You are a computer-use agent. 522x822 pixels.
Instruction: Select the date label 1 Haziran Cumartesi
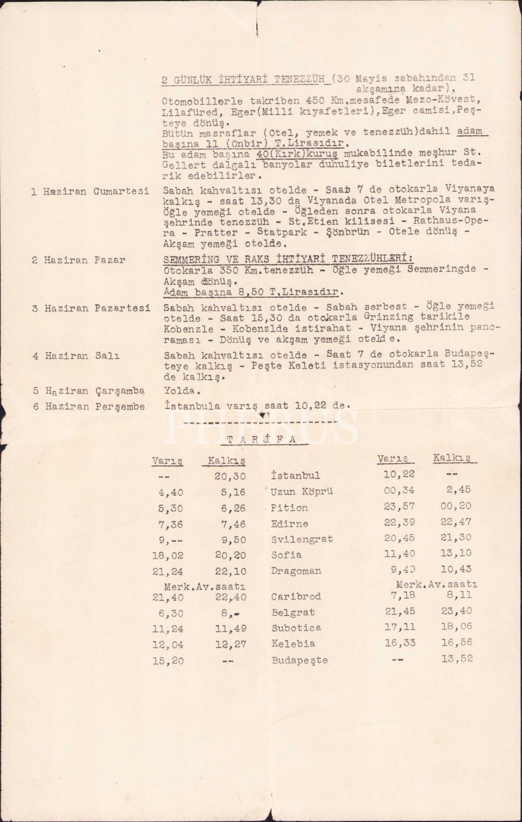90,191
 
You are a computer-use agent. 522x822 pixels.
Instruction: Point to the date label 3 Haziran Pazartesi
90,308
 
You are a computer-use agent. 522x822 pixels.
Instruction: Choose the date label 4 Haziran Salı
76,356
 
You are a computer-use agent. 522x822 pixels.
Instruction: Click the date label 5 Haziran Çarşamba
88,391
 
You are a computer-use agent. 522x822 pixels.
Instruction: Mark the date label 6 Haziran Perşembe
88,407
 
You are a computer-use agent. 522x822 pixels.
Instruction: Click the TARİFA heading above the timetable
261,438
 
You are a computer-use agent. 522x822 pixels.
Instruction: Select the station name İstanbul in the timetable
295,476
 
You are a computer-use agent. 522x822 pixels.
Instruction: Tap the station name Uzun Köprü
302,492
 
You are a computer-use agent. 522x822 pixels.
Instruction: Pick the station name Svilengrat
302,539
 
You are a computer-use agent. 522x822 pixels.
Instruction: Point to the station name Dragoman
296,570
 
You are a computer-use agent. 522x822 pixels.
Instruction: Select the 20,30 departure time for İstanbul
230,476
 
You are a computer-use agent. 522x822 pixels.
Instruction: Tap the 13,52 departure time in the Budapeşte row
456,659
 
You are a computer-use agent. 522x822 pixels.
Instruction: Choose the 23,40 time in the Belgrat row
456,611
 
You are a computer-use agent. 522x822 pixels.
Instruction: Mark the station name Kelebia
293,644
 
